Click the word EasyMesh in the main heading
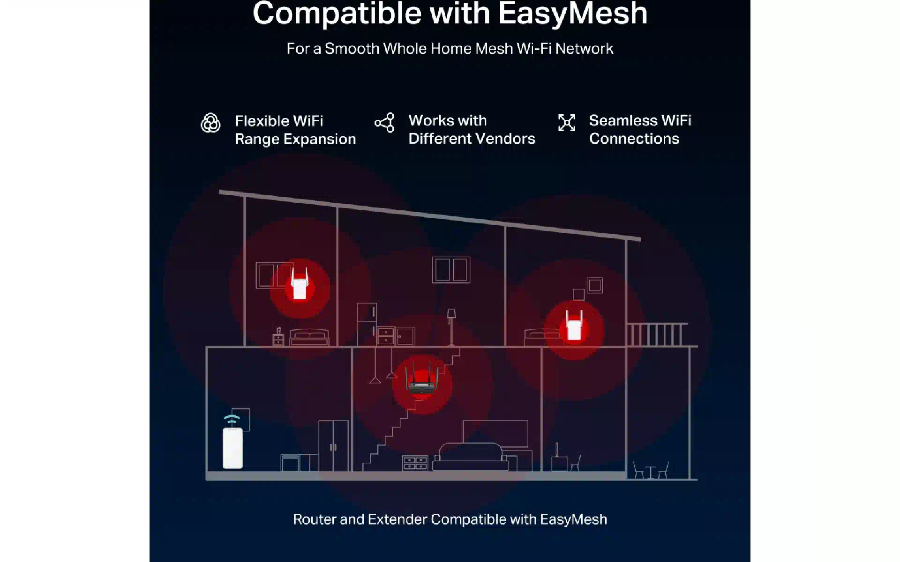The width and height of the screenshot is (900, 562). [x=572, y=13]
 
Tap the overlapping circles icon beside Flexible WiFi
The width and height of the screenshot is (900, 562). [x=210, y=123]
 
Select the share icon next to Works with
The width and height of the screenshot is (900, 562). [x=384, y=123]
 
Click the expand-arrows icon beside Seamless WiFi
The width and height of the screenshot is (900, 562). [x=567, y=123]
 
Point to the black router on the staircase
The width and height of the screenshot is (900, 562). [x=422, y=379]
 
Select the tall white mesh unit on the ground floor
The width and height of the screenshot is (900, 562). [x=232, y=448]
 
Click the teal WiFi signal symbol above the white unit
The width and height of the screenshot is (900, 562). [x=232, y=420]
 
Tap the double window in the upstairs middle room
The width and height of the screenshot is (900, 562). [x=451, y=270]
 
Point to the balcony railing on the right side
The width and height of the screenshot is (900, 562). [x=657, y=334]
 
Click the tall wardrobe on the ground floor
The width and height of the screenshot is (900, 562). [x=333, y=446]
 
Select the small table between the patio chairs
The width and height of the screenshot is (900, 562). [x=651, y=472]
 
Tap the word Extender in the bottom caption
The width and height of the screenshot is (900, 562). [x=397, y=519]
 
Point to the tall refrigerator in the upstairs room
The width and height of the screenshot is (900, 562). [x=367, y=325]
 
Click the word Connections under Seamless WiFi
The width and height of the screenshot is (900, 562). [x=634, y=139]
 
